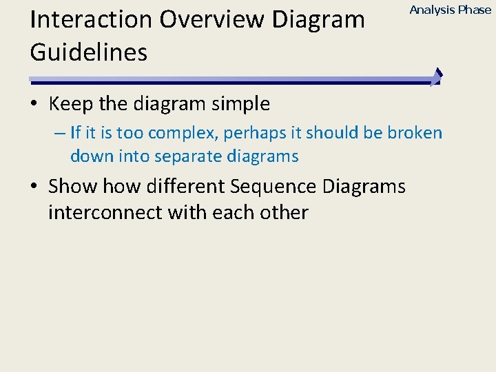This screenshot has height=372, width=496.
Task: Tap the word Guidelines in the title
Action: tap(89, 53)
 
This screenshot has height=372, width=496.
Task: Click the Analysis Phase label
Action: tap(451, 10)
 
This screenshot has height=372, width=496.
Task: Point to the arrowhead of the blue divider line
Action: tap(437, 77)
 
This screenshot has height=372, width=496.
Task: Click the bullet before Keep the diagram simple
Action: tap(34, 105)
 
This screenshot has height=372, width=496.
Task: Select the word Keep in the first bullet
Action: tap(71, 104)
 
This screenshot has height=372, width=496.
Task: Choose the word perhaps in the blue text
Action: tap(262, 133)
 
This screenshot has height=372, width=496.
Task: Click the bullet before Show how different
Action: tap(34, 187)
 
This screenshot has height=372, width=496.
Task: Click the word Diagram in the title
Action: tap(318, 20)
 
